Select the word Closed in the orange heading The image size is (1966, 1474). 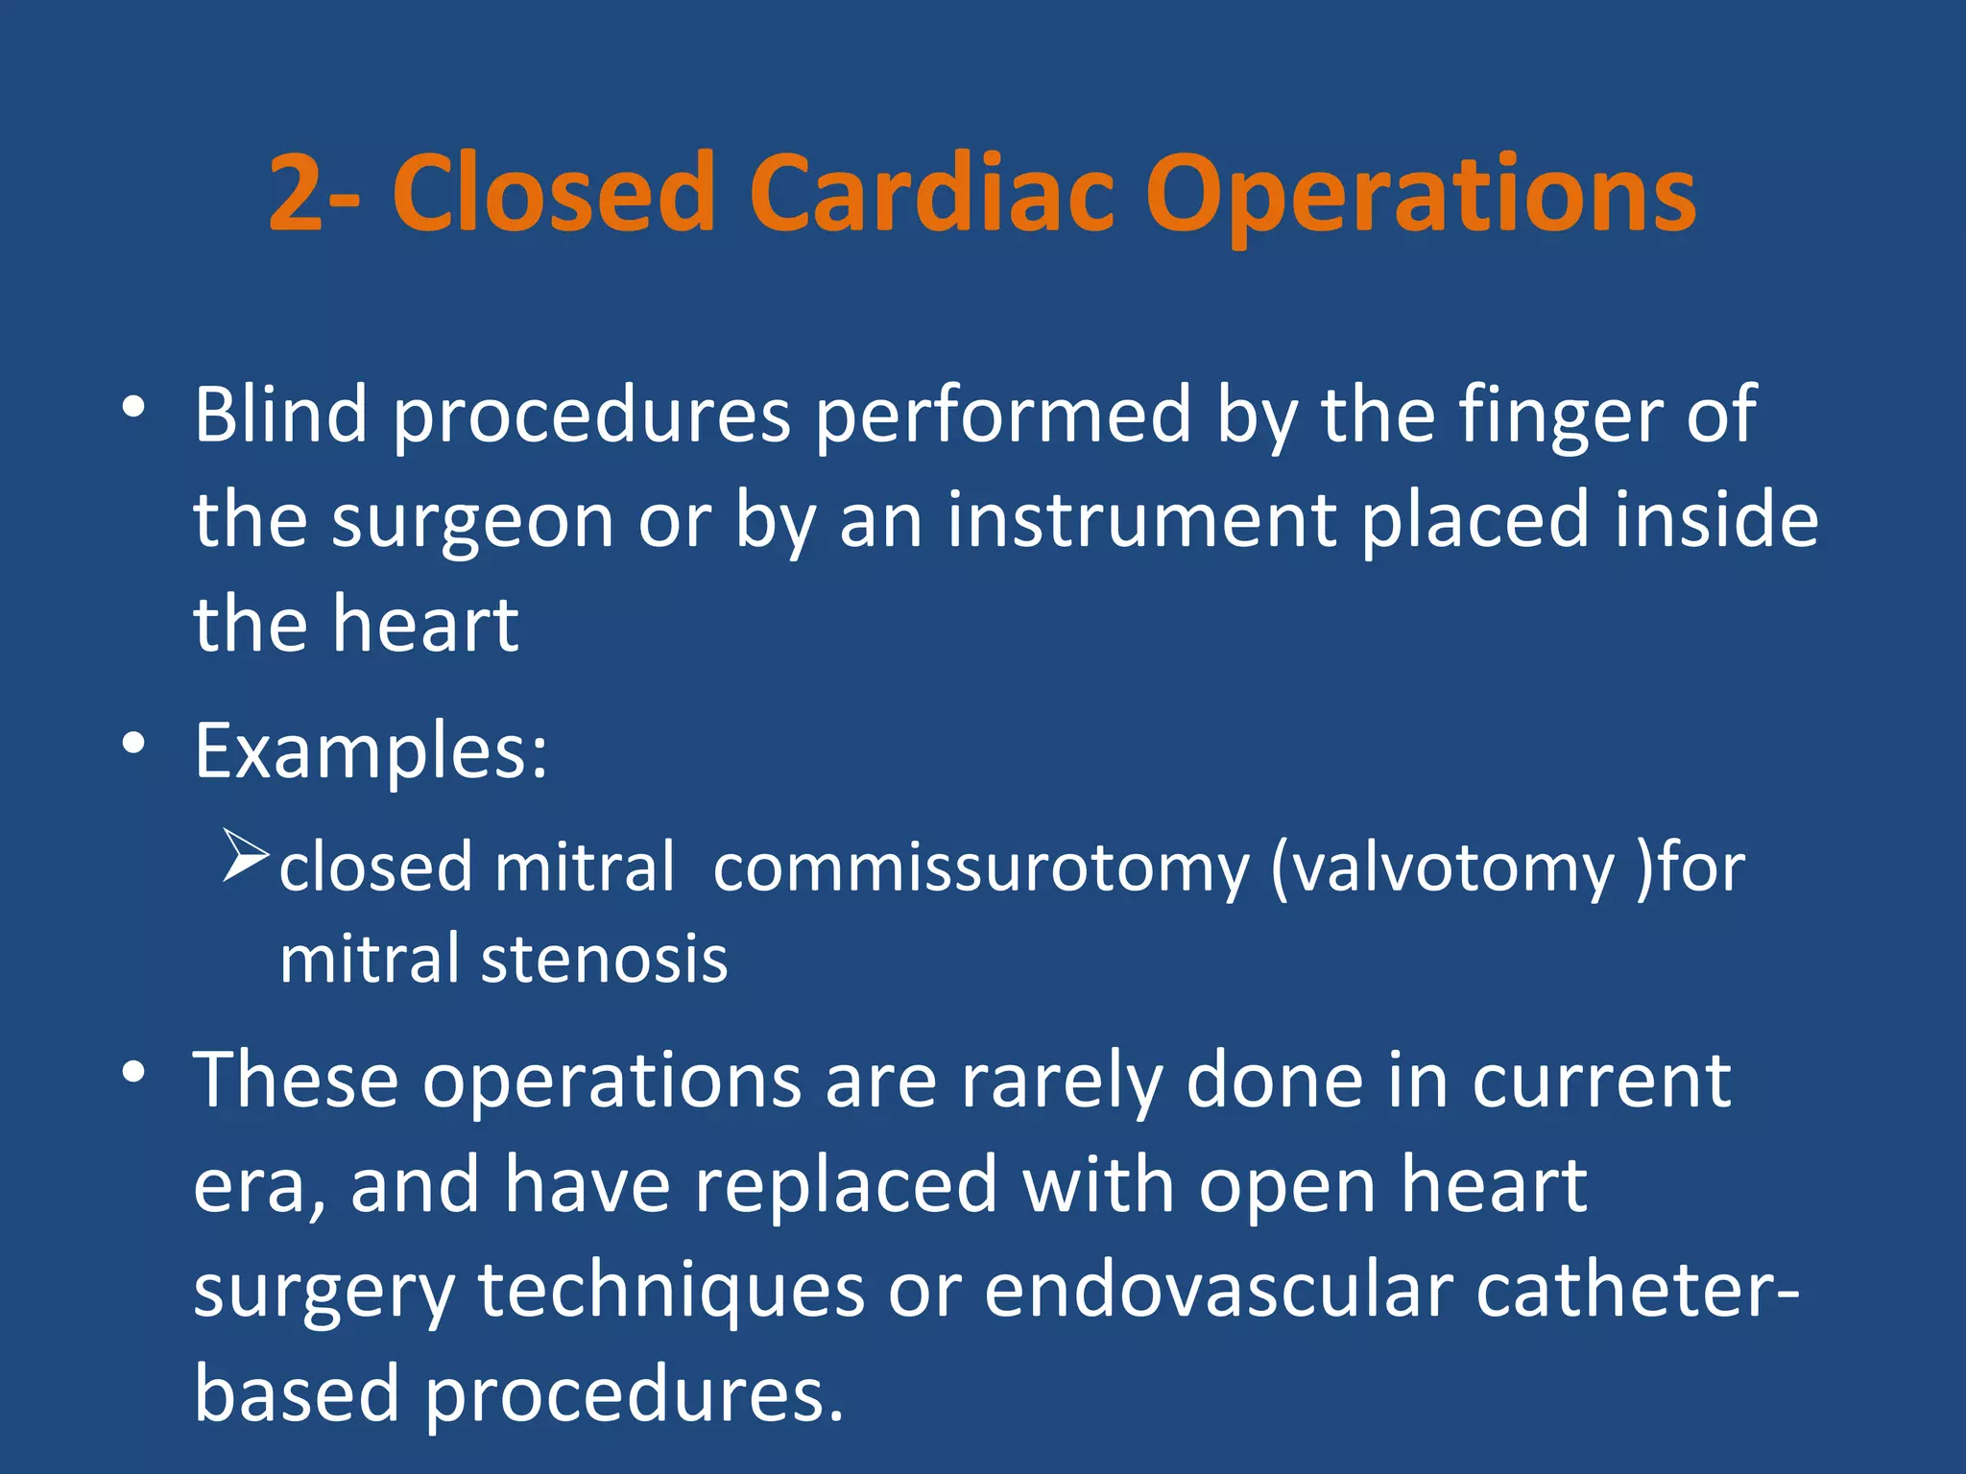(554, 194)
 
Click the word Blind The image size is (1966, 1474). (281, 415)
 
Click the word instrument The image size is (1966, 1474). (1142, 520)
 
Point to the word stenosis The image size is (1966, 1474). (604, 960)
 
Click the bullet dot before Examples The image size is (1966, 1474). (133, 743)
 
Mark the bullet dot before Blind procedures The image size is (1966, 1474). (133, 407)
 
